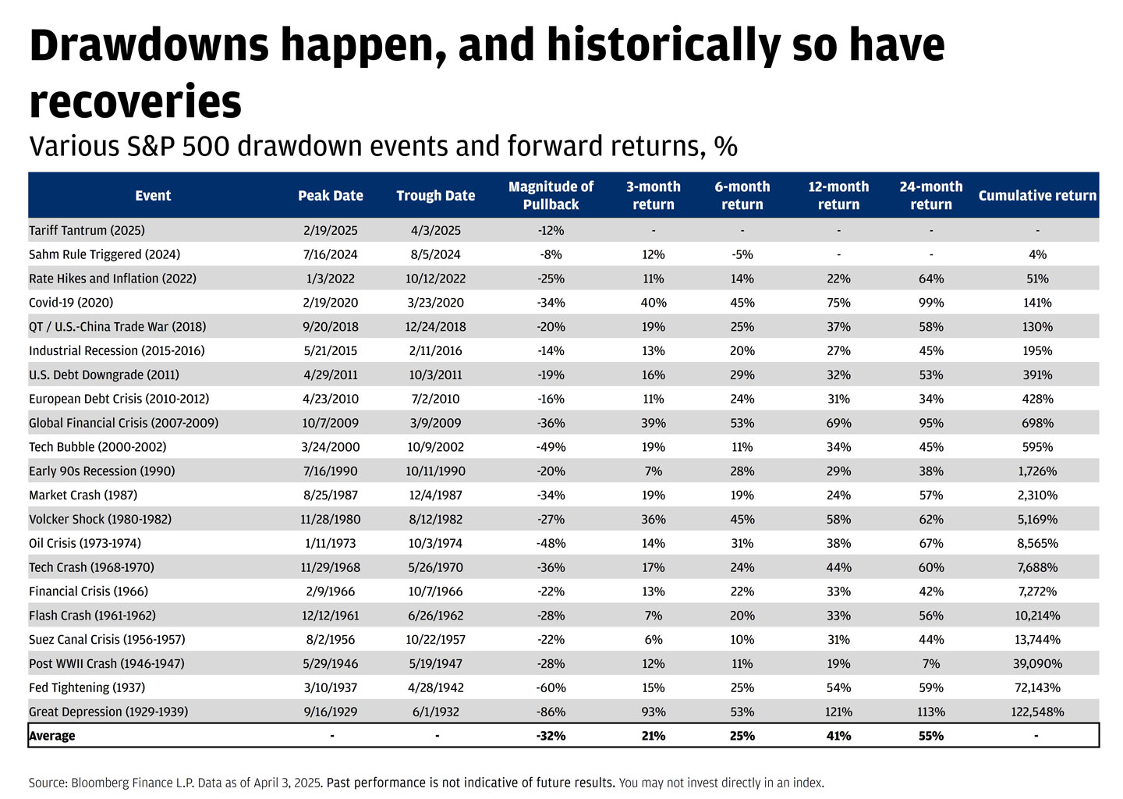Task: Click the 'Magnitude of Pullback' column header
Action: (551, 195)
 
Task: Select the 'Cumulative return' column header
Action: (1037, 195)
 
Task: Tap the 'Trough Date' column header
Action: (435, 195)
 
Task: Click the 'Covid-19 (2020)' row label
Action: (71, 303)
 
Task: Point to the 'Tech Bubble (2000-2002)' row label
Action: (97, 447)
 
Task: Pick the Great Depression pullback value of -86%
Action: (551, 712)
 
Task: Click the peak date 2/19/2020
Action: (331, 303)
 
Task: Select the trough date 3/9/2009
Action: (435, 423)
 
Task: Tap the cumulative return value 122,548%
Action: (1037, 712)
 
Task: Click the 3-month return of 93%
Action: (654, 712)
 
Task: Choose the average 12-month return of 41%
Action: (838, 736)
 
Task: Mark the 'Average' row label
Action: (52, 736)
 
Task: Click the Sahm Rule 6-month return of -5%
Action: (742, 254)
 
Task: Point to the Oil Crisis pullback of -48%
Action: (551, 543)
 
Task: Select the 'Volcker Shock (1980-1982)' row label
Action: (100, 519)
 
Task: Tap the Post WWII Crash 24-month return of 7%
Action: (931, 663)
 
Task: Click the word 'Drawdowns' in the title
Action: (148, 47)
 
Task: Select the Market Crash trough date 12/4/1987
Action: (435, 495)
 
